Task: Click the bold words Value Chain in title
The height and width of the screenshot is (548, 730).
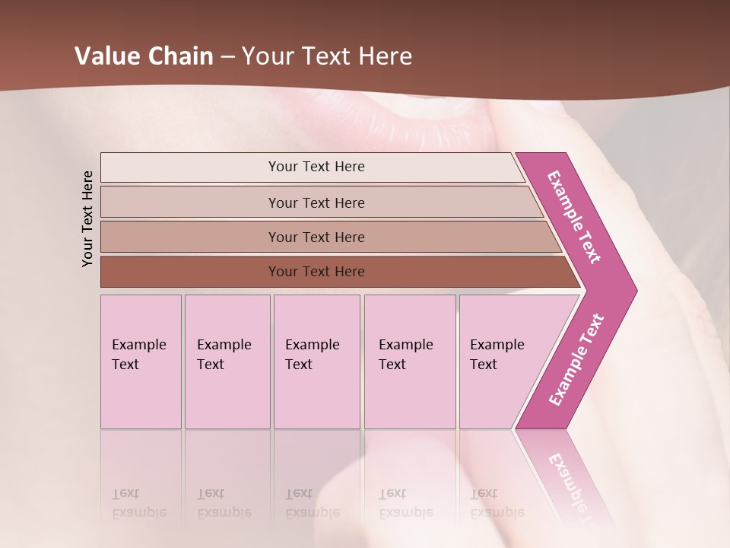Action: (x=144, y=56)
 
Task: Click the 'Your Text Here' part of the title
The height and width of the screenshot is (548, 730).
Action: (x=327, y=56)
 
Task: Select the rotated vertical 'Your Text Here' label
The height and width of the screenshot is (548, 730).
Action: (x=87, y=218)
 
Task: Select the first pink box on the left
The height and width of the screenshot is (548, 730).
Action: (x=141, y=362)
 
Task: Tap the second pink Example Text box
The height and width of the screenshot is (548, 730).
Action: (x=227, y=362)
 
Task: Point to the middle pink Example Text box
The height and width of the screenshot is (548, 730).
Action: (x=316, y=362)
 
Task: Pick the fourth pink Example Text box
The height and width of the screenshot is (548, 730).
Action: (x=410, y=362)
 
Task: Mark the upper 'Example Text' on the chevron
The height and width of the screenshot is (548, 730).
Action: (x=574, y=217)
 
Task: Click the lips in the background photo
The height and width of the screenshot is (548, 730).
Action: (x=411, y=122)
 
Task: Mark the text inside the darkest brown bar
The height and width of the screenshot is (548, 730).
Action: (x=316, y=272)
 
